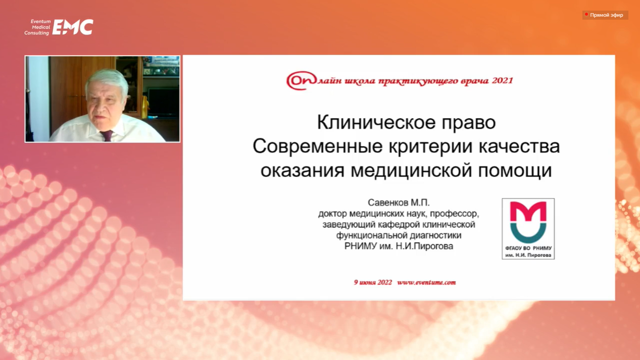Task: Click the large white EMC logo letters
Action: click(73, 27)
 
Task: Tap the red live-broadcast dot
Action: click(586, 14)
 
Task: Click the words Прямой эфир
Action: click(607, 15)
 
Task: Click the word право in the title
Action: click(469, 123)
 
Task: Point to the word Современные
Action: click(317, 146)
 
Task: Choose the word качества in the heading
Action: click(519, 146)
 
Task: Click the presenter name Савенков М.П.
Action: click(399, 202)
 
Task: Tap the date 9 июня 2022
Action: click(373, 282)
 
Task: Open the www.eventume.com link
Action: click(426, 282)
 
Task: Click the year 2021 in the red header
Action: click(502, 80)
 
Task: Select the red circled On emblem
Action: click(302, 80)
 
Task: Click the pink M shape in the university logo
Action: click(528, 211)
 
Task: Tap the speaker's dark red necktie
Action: click(107, 136)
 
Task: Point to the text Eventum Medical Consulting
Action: click(37, 27)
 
